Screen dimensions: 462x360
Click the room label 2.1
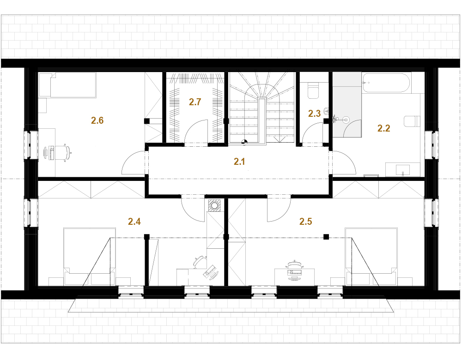click(x=239, y=162)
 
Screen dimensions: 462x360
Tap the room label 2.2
click(x=383, y=128)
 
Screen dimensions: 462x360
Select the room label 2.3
click(x=314, y=114)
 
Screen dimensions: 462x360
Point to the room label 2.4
click(x=134, y=222)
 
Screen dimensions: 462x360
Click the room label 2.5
click(x=305, y=222)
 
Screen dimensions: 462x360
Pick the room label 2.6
click(x=97, y=120)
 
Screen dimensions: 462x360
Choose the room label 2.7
click(x=195, y=102)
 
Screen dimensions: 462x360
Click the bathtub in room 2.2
click(x=386, y=83)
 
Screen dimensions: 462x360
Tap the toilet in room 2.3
click(x=314, y=90)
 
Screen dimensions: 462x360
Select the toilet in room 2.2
click(x=412, y=121)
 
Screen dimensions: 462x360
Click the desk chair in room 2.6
click(x=65, y=153)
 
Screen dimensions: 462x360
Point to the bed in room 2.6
click(x=67, y=85)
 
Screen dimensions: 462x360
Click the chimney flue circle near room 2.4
click(x=214, y=205)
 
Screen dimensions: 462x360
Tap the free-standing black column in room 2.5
click(x=326, y=236)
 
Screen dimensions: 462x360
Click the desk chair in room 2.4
click(x=200, y=262)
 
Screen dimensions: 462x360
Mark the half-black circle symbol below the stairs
click(x=244, y=142)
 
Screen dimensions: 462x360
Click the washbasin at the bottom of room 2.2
click(x=403, y=170)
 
